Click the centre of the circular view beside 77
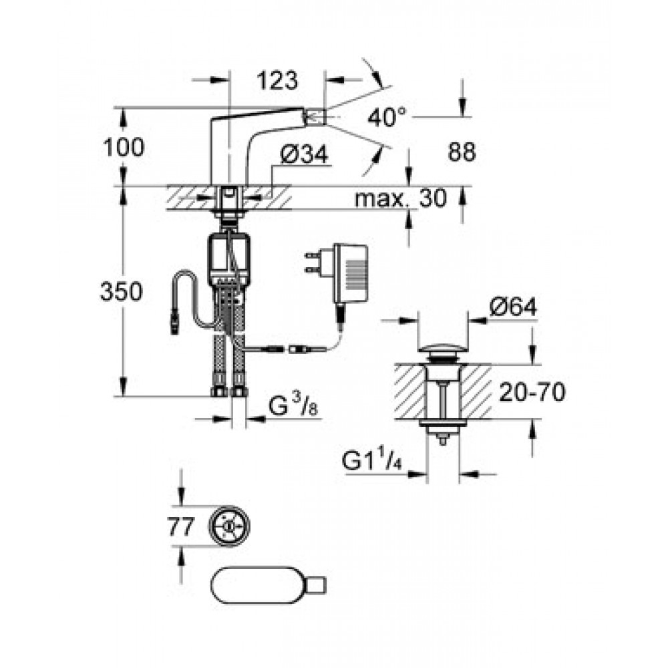229,526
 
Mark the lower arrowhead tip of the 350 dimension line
123,396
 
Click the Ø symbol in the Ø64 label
497,307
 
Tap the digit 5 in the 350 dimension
121,293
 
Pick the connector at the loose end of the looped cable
174,323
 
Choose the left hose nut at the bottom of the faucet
219,391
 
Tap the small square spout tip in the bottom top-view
317,584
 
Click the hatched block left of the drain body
411,391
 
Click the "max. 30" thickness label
401,198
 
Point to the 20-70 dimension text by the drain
532,392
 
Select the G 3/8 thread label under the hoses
293,407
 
